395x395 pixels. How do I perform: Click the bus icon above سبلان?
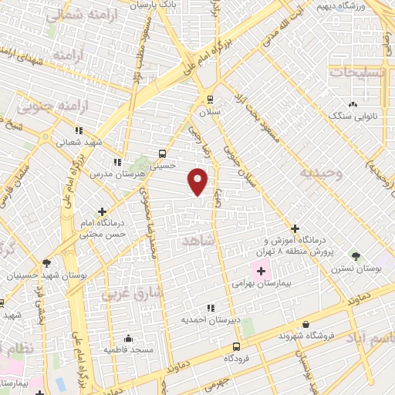210,100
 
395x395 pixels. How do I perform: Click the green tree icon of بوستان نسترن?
356,255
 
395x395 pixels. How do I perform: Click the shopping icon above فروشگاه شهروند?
306,324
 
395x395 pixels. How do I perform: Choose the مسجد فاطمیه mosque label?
129,349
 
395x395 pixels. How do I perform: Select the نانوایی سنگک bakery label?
354,116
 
